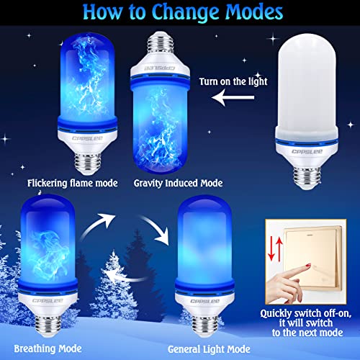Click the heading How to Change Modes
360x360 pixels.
[179, 13]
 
